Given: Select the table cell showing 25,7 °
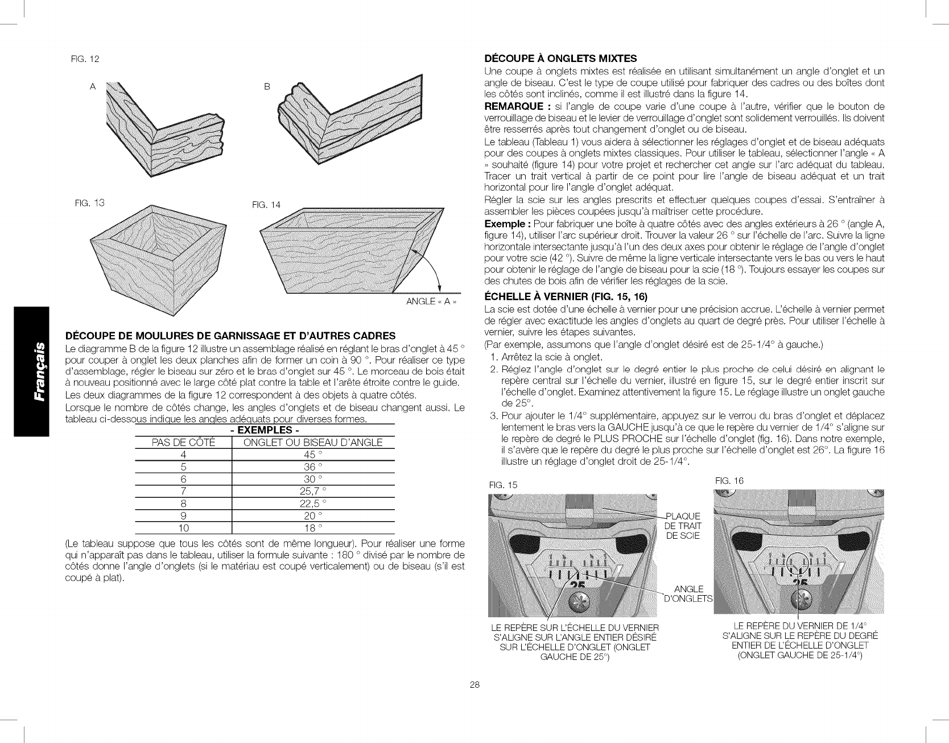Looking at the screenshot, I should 313,490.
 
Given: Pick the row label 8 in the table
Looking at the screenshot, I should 183,503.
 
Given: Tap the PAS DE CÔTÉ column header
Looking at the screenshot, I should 183,443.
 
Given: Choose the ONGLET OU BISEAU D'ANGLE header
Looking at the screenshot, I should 313,443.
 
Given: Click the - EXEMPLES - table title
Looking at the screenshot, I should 265,431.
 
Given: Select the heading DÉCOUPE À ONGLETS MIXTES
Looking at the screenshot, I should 560,58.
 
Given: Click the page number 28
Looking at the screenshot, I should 474,685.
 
